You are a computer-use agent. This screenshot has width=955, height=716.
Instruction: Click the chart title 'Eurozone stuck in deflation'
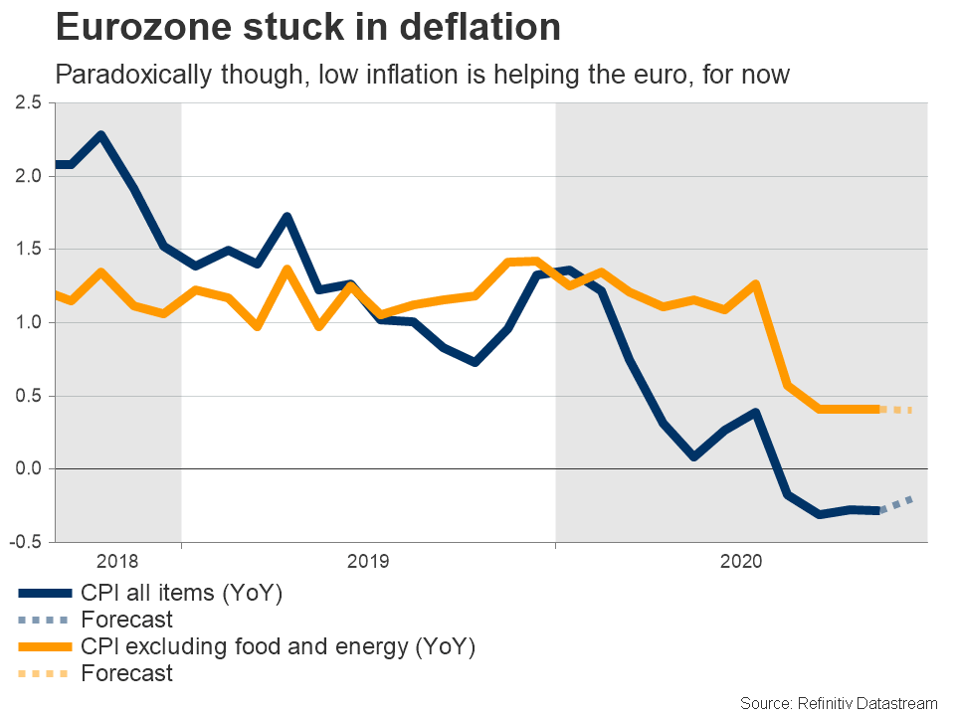[308, 27]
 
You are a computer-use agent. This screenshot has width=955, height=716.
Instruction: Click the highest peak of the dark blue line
[101, 135]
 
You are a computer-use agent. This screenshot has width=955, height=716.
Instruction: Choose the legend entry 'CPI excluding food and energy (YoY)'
[279, 647]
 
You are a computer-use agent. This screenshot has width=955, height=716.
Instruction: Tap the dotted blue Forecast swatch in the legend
[45, 621]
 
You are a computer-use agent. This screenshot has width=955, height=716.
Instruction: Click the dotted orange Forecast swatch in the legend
[45, 674]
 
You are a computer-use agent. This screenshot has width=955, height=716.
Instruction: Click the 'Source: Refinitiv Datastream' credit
[839, 703]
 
